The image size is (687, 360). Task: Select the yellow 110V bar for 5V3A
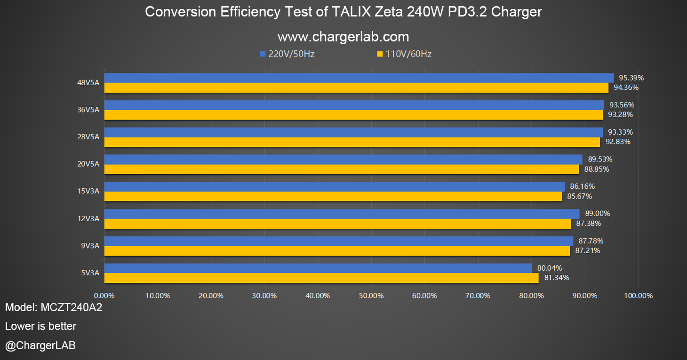321,278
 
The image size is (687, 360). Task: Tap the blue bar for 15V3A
334,187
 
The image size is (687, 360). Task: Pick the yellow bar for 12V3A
337,224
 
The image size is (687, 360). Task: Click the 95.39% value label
631,78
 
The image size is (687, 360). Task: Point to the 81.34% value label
557,278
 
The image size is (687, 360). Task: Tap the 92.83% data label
618,142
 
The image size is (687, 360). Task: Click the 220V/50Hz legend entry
287,54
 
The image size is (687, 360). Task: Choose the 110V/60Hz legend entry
404,54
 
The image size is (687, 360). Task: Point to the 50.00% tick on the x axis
371,296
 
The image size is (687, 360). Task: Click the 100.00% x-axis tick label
638,296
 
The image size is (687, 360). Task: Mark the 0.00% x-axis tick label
104,296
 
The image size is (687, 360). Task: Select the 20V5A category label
88,164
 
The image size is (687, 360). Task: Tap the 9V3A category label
90,246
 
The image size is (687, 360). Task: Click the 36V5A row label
88,110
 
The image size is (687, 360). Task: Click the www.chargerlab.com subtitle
343,37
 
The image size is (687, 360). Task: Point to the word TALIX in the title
349,12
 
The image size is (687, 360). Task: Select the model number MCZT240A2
72,308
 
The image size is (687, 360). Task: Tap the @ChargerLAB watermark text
40,345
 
